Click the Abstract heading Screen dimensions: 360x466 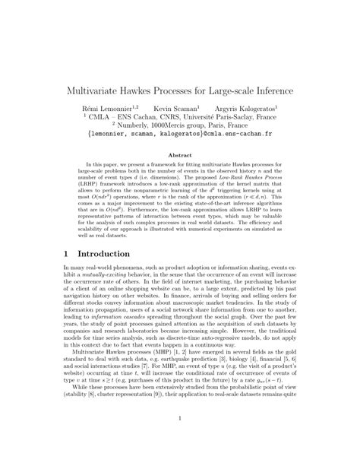(x=180, y=155)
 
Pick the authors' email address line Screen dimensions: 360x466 (x=180, y=139)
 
